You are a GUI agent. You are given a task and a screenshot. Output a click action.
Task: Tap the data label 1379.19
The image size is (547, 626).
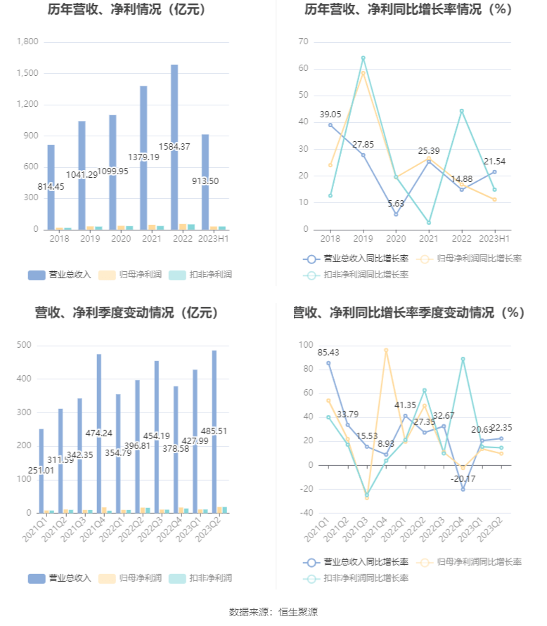pyautogui.click(x=143, y=157)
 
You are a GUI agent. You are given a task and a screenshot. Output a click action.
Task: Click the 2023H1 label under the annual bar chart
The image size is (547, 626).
pyautogui.click(x=205, y=239)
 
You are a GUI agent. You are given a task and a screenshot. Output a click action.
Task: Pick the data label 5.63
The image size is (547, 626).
pyautogui.click(x=396, y=204)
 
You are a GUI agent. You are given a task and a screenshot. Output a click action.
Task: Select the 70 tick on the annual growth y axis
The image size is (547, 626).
pyautogui.click(x=304, y=42)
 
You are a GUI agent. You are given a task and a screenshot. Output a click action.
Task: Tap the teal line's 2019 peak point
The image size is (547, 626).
pyautogui.click(x=363, y=58)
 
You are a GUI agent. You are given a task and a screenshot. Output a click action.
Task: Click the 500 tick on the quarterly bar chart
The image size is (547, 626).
pyautogui.click(x=24, y=345)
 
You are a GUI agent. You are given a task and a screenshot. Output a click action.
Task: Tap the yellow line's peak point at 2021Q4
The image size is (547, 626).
pyautogui.click(x=386, y=350)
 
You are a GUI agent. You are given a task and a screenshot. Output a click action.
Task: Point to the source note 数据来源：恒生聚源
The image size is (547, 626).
pyautogui.click(x=273, y=612)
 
